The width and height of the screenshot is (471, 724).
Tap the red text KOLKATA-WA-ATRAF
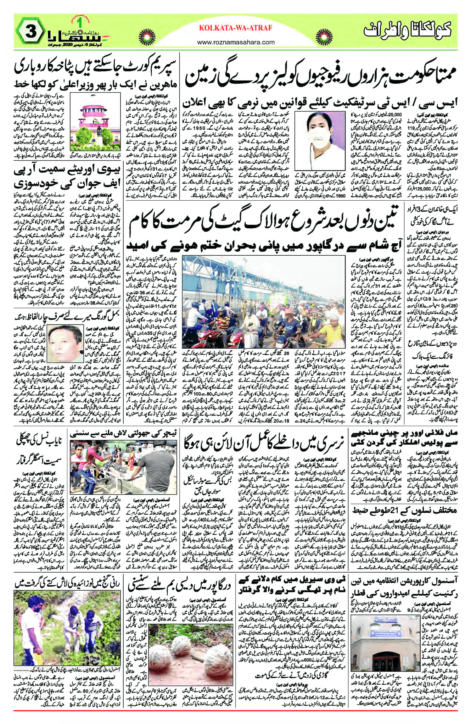point(235,28)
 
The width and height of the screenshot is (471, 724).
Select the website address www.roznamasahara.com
point(236,42)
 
